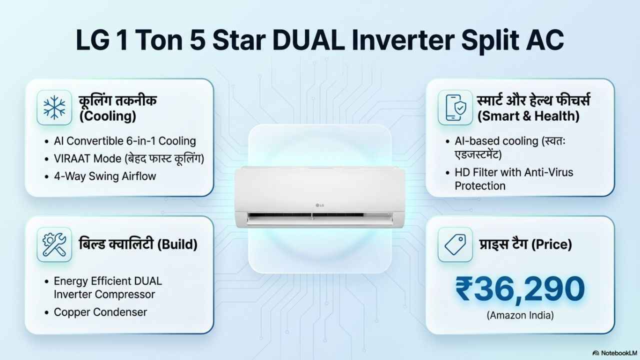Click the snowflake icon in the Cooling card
[x=54, y=107]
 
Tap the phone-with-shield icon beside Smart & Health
[x=455, y=107]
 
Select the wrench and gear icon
[x=54, y=244]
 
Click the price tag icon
[x=455, y=244]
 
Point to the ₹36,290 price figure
[x=520, y=289]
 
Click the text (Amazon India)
[x=520, y=315]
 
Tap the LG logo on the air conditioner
[x=320, y=205]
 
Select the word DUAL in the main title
[x=308, y=39]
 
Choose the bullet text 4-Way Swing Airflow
[x=105, y=176]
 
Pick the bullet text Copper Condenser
[x=100, y=312]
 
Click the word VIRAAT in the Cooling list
[x=73, y=158]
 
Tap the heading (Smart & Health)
[x=528, y=116]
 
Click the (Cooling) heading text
[x=107, y=116]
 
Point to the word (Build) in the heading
[x=177, y=244]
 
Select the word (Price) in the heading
[x=551, y=244]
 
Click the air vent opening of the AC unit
[x=320, y=216]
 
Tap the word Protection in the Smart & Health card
[x=480, y=186]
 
